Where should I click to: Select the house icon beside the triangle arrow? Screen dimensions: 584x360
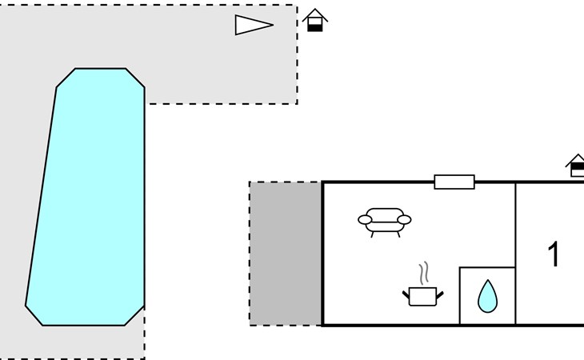(x=315, y=20)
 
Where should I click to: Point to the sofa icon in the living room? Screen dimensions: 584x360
(x=384, y=222)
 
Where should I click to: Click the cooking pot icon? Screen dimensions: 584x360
(x=422, y=296)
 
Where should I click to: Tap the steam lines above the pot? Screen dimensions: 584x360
(x=423, y=274)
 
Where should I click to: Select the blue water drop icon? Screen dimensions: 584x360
(x=487, y=296)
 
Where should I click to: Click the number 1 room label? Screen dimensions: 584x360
(x=554, y=254)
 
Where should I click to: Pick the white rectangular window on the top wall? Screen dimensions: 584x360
(x=454, y=182)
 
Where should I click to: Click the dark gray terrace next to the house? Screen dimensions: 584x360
(x=286, y=254)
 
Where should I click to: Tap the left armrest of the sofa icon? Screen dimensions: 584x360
(x=365, y=220)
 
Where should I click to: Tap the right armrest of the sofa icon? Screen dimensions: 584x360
(x=404, y=220)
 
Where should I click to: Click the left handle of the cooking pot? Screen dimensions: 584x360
(x=406, y=295)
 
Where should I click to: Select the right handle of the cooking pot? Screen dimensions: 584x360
(x=440, y=295)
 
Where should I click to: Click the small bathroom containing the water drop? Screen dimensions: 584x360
(x=487, y=295)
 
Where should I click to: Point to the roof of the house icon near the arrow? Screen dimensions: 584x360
(x=315, y=15)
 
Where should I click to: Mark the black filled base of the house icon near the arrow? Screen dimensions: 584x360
(x=315, y=28)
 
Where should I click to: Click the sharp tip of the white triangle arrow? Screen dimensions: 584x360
(x=274, y=25)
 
